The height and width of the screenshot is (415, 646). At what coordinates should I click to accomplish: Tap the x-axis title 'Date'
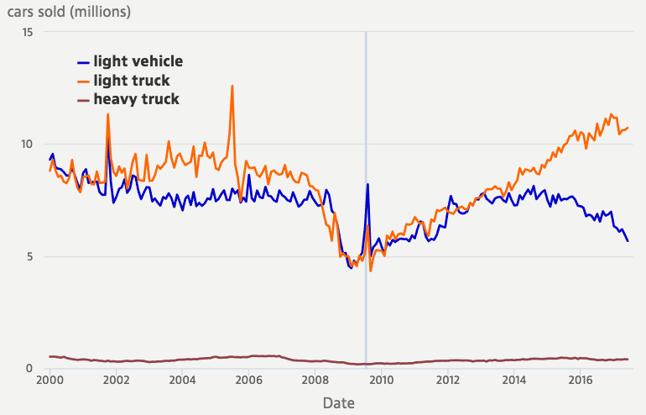pos(340,403)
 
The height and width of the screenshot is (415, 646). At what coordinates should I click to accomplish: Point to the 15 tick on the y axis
pos(28,32)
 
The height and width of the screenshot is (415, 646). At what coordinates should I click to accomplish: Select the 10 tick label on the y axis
pos(28,144)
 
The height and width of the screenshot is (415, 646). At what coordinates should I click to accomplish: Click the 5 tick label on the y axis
pos(30,256)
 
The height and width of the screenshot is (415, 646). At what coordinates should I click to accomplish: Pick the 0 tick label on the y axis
pos(30,369)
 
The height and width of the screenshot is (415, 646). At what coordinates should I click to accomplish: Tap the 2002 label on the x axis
pos(116,380)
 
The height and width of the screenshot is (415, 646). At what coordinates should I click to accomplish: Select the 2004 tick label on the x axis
pos(182,380)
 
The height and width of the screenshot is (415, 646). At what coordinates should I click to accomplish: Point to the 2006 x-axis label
pos(248,380)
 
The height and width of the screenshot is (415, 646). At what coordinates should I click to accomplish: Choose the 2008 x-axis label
pos(315,380)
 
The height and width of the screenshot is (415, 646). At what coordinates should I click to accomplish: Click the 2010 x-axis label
pos(381,380)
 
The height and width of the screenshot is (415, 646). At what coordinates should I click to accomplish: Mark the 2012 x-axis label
pos(447,380)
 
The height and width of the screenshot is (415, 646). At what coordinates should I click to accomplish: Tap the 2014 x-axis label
pos(513,380)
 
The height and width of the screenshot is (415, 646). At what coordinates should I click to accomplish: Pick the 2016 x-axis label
pos(580,380)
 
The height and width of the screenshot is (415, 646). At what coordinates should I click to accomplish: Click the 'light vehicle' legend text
pos(138,61)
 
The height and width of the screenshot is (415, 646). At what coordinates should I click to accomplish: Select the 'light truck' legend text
pos(132,81)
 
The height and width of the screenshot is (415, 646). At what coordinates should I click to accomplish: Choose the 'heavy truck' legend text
pos(136,100)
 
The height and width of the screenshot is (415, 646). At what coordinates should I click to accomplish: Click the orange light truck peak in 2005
pos(232,86)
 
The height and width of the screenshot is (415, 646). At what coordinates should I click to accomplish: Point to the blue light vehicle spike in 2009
pos(367,184)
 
